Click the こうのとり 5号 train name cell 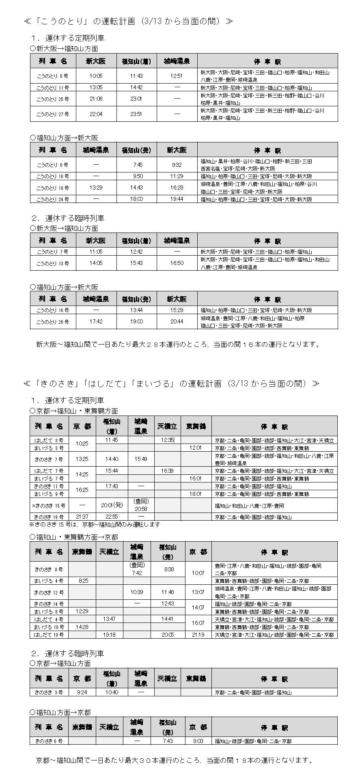click(x=53, y=76)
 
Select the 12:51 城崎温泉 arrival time click(x=177, y=76)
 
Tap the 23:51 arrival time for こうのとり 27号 click(x=136, y=114)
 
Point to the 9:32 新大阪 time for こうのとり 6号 click(x=177, y=165)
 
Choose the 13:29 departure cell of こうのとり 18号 click(x=96, y=187)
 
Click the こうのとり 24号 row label click(x=53, y=199)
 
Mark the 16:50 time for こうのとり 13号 click(x=177, y=263)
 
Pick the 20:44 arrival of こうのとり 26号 click(x=177, y=321)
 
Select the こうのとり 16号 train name click(x=53, y=310)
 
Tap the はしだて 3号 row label click(x=49, y=440)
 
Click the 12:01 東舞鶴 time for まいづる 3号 click(x=196, y=448)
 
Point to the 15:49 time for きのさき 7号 click(x=141, y=459)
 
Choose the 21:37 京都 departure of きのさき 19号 click(x=82, y=517)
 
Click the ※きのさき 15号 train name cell click(x=49, y=506)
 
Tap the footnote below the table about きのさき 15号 click(x=95, y=524)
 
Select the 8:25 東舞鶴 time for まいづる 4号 click(x=82, y=581)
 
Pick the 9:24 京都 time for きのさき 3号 click(x=82, y=692)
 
